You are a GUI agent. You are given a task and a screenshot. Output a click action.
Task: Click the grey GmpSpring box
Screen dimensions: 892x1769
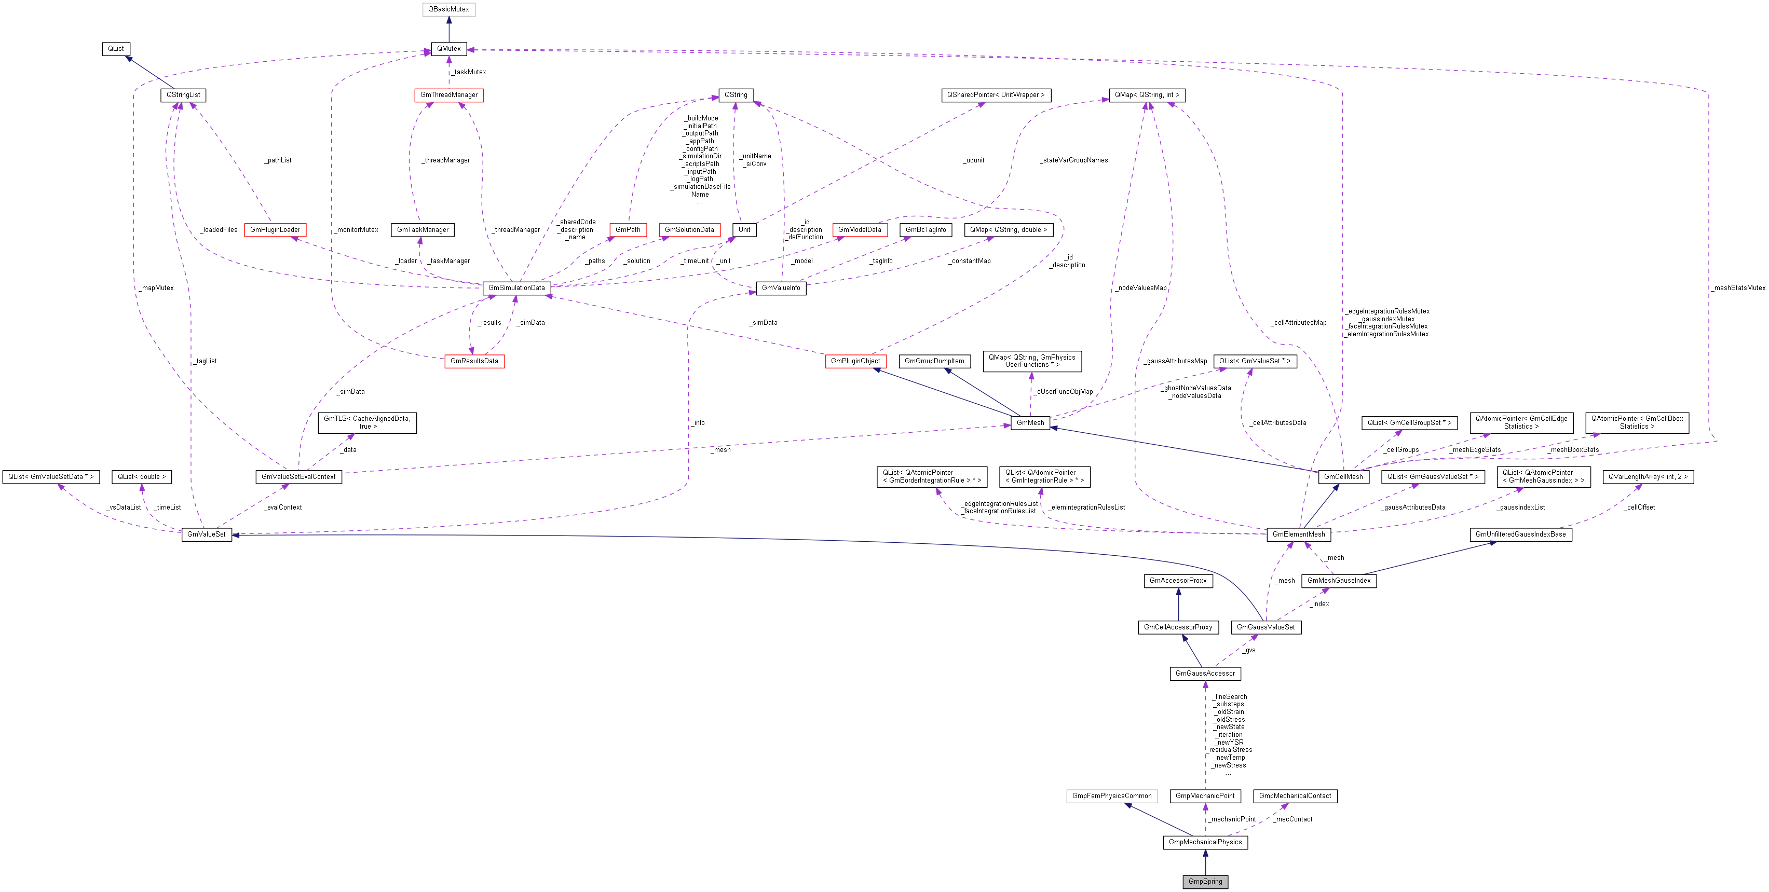click(1205, 881)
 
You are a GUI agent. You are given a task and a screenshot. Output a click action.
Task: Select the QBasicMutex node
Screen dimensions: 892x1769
click(448, 9)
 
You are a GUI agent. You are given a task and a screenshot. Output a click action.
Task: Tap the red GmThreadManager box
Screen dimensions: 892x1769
click(448, 95)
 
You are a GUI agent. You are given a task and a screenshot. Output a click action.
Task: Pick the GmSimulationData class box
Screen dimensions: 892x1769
click(516, 287)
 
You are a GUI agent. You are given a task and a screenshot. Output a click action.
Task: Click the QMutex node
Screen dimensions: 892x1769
click(448, 48)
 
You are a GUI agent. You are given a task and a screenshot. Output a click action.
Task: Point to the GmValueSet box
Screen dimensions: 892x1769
click(206, 534)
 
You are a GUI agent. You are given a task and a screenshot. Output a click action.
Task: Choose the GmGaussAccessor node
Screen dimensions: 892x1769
click(1205, 673)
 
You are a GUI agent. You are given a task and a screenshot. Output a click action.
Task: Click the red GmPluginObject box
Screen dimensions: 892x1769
click(855, 361)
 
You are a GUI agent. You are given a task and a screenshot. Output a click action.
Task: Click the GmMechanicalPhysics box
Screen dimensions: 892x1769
click(1205, 842)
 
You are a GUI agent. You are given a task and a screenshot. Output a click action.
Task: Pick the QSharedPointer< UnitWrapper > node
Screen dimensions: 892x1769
click(995, 95)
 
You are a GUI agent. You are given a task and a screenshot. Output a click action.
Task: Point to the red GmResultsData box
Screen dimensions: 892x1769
click(474, 361)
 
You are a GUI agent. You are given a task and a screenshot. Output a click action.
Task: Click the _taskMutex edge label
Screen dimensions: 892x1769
click(470, 72)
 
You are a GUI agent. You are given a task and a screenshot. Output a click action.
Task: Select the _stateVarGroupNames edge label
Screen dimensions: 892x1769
click(1074, 160)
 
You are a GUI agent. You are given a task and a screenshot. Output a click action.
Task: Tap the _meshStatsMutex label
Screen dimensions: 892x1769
click(1738, 287)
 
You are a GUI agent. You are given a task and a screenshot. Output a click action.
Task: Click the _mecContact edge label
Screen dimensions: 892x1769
click(1293, 819)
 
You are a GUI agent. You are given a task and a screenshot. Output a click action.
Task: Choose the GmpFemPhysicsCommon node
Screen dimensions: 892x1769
click(1111, 796)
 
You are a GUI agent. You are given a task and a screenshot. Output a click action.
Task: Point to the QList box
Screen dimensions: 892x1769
click(116, 48)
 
